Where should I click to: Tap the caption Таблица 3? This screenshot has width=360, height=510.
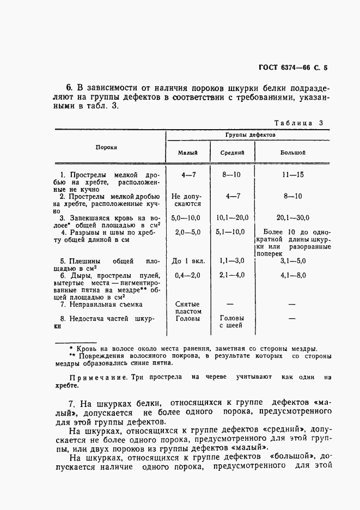coord(298,123)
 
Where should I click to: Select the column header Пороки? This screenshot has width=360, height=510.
coord(107,147)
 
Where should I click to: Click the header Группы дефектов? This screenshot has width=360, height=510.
coord(250,134)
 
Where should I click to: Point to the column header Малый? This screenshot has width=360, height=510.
coord(187,153)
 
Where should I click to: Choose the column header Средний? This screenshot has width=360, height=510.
coord(231,153)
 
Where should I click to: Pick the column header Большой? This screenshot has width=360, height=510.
coord(293,153)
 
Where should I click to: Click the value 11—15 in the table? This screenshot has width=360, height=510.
coord(293,175)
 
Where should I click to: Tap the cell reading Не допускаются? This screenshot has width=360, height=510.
coord(186,200)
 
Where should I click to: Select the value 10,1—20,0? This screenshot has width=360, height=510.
coord(232,217)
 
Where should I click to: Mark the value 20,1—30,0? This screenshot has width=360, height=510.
coord(293,217)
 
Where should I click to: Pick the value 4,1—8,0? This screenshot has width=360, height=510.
coord(294,275)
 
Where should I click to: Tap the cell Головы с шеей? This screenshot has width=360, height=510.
coord(231,321)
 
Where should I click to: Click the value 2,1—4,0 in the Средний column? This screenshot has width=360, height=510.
coord(231,275)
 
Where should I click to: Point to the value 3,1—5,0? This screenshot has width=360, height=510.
coord(294,261)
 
